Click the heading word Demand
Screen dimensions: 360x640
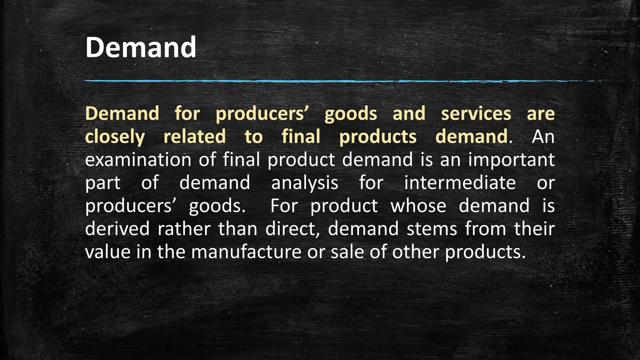click(x=141, y=47)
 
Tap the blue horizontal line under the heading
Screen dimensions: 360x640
click(x=312, y=81)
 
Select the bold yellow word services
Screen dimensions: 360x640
click(x=476, y=113)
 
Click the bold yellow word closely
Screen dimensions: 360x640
click(x=115, y=137)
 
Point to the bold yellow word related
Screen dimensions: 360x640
click(x=194, y=137)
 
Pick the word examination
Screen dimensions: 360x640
click(x=138, y=160)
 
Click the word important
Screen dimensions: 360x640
click(x=511, y=160)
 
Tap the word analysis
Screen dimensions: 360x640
click(x=305, y=183)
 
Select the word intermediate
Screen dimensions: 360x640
click(x=460, y=183)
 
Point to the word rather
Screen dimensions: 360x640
click(x=184, y=229)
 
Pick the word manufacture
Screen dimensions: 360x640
click(x=246, y=252)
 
